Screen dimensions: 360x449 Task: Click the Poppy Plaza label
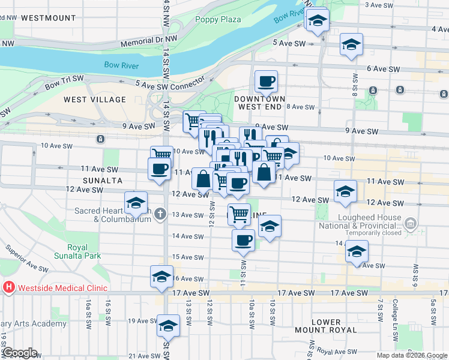[218, 19]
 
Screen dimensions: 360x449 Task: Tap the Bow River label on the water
[122, 65]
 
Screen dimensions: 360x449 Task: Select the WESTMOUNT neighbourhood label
[48, 18]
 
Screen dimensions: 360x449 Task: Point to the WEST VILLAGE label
[95, 99]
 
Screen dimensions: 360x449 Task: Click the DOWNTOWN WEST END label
[260, 102]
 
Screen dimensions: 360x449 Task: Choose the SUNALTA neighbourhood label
[103, 180]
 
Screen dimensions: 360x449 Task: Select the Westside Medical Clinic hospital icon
[9, 287]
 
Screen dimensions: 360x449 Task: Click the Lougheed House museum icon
[411, 225]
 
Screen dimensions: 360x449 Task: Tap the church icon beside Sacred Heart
[160, 214]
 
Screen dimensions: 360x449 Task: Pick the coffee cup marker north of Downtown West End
[266, 81]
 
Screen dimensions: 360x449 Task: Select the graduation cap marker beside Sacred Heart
[136, 202]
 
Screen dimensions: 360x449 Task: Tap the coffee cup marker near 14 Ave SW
[244, 240]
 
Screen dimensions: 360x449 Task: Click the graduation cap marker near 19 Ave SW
[168, 326]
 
